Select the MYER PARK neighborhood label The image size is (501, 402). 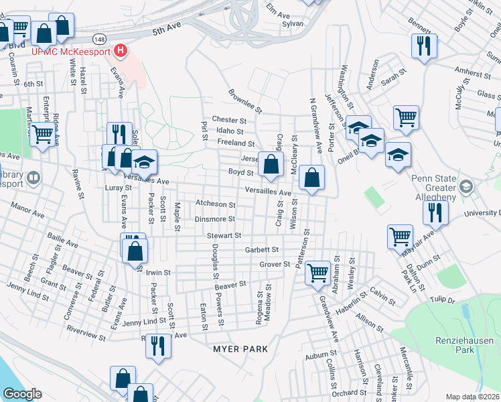coord(240,349)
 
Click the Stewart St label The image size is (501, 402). coord(223,235)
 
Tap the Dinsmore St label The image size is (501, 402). coord(214,219)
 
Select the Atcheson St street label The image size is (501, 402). coord(215,204)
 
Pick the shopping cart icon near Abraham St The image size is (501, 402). coord(317,272)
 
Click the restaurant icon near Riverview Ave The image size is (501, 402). coord(157,346)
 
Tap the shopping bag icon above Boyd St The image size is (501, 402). coord(271,164)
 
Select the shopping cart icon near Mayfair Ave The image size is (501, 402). coord(400,236)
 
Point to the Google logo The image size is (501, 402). coord(22,394)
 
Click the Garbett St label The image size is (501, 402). coord(261,249)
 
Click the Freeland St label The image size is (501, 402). coord(236,143)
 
